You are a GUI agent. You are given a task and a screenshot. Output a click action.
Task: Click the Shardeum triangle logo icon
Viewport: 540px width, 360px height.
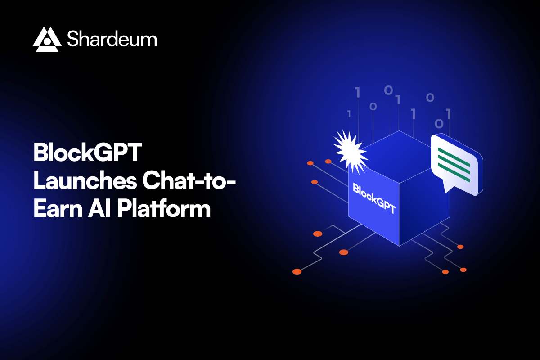(47, 39)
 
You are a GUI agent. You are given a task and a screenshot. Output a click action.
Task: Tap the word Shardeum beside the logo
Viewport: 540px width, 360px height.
(112, 39)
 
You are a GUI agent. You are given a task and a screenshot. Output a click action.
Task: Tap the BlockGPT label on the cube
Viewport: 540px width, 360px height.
(374, 198)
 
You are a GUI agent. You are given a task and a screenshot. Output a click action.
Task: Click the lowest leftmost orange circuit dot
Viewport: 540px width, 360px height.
(297, 271)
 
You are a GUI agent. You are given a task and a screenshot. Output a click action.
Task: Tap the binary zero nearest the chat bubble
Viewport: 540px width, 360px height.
(439, 123)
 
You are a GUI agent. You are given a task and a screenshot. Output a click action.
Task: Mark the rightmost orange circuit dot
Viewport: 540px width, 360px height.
(463, 270)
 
